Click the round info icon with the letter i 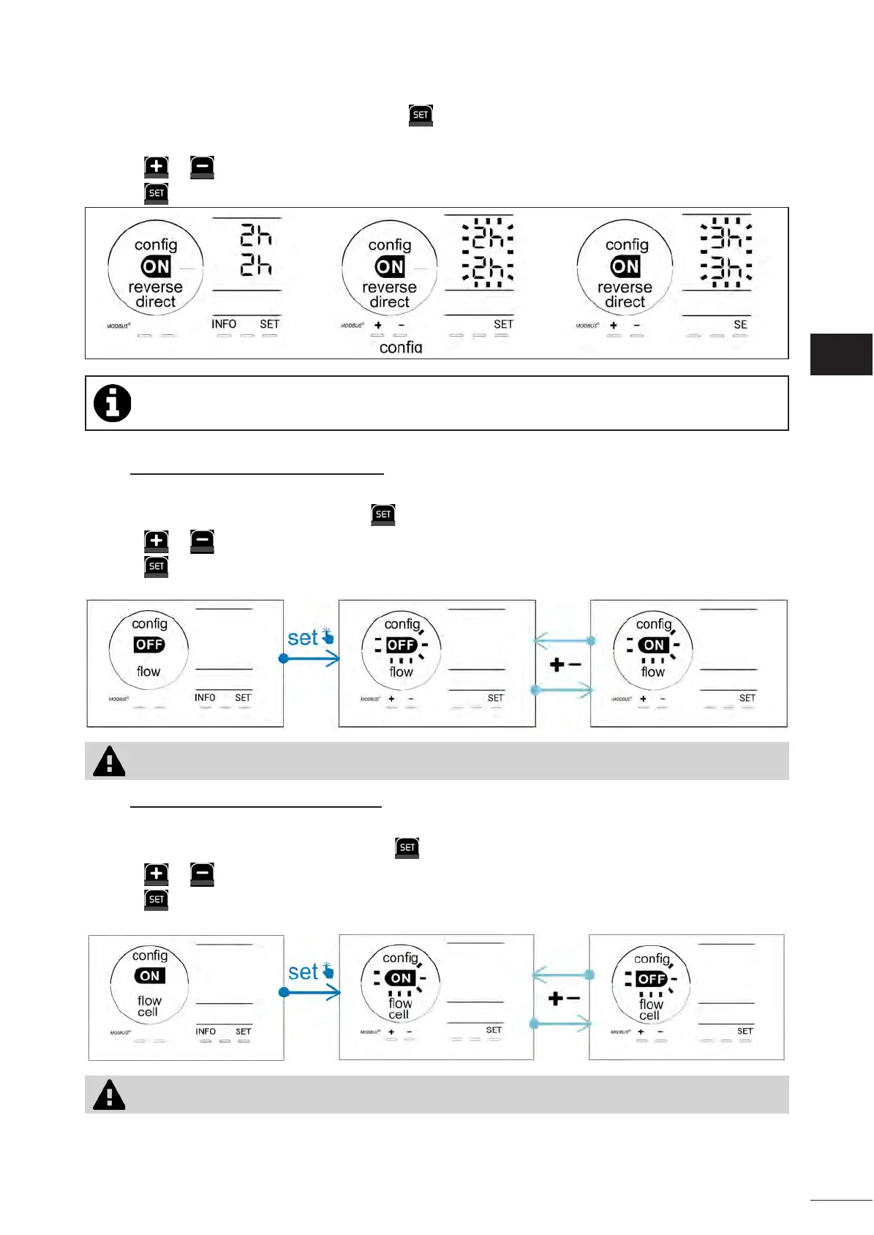pyautogui.click(x=113, y=403)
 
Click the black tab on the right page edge pyautogui.click(x=841, y=355)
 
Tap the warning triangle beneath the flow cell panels pyautogui.click(x=110, y=1095)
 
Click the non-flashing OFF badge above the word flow pyautogui.click(x=149, y=645)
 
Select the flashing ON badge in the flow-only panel pyautogui.click(x=654, y=645)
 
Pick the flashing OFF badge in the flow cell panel pyautogui.click(x=651, y=979)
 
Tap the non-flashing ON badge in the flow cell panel pyautogui.click(x=150, y=976)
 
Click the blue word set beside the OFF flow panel pyautogui.click(x=303, y=638)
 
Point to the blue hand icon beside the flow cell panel pyautogui.click(x=328, y=971)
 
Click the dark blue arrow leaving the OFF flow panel pyautogui.click(x=311, y=658)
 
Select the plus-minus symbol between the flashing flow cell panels pyautogui.click(x=564, y=999)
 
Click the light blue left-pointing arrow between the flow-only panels pyautogui.click(x=563, y=641)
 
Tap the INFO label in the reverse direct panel pyautogui.click(x=224, y=324)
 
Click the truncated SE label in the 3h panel pyautogui.click(x=740, y=325)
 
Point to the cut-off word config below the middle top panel pyautogui.click(x=401, y=348)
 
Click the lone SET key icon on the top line pyautogui.click(x=421, y=115)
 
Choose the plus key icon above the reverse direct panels pyautogui.click(x=157, y=167)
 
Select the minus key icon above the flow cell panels pyautogui.click(x=202, y=874)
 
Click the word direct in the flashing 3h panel pyautogui.click(x=625, y=302)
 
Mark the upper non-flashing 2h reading pyautogui.click(x=256, y=236)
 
